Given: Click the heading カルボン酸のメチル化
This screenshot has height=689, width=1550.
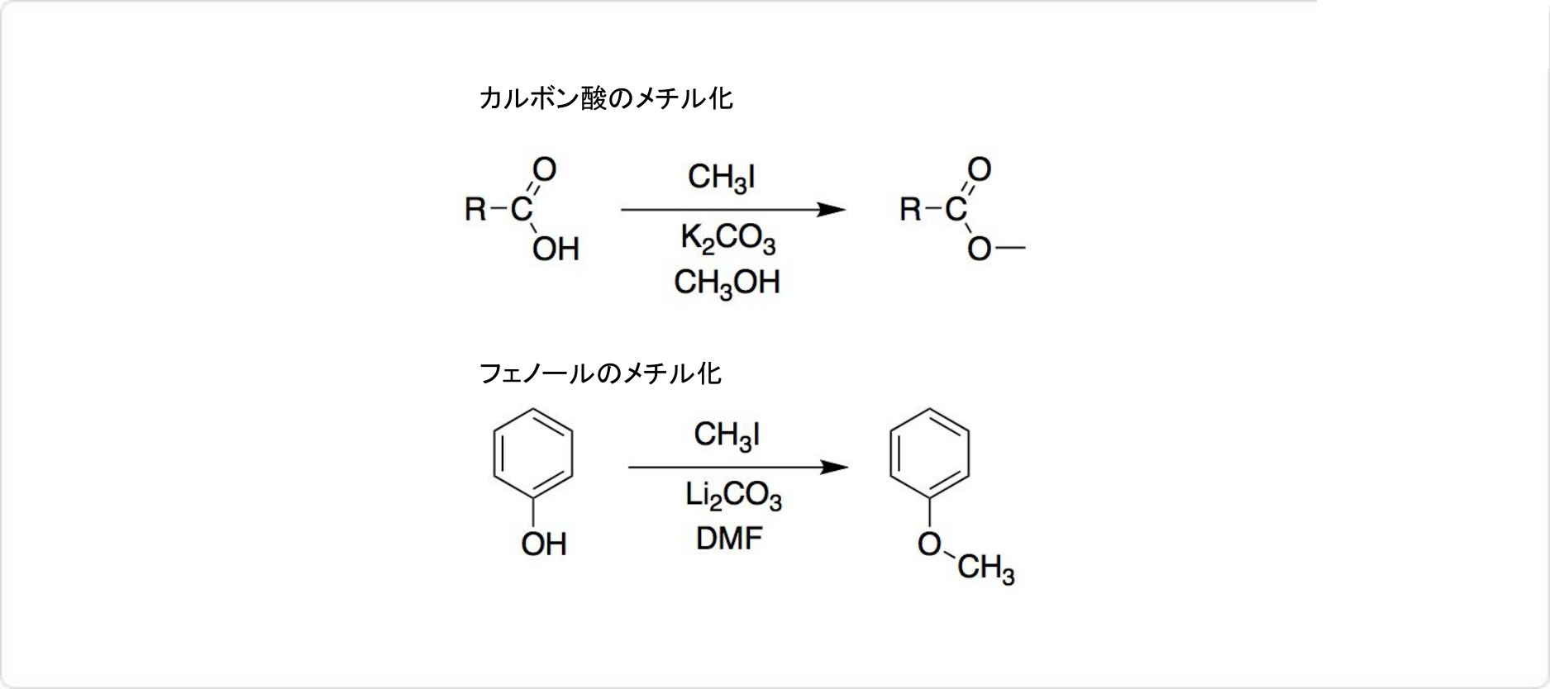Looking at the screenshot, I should (x=605, y=99).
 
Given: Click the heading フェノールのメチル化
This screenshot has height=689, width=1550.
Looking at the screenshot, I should (x=600, y=373).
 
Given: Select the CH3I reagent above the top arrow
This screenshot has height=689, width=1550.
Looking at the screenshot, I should (x=722, y=178).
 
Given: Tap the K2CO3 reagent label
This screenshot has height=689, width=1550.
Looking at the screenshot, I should (x=727, y=239).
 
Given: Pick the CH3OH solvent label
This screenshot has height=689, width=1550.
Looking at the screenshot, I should (x=727, y=283).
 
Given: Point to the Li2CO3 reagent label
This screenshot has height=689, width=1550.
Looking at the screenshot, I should (x=732, y=496).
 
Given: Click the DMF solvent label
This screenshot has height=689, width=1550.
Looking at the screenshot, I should (x=729, y=539).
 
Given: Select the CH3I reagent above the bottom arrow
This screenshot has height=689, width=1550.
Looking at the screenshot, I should (x=727, y=435).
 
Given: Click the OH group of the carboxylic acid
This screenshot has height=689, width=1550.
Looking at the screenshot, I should (x=556, y=249).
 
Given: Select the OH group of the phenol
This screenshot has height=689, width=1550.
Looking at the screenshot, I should (x=544, y=544).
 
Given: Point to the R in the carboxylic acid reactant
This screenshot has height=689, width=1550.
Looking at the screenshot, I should (x=476, y=210).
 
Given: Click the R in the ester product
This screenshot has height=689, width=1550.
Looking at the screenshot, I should (x=911, y=210).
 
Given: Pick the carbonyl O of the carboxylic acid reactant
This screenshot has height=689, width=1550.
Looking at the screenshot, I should (x=544, y=169).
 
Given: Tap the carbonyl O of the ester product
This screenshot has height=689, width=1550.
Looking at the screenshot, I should (x=979, y=169).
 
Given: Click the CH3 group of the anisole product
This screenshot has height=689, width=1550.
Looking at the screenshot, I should (x=985, y=569).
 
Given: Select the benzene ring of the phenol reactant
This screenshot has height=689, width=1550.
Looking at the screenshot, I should (x=533, y=454).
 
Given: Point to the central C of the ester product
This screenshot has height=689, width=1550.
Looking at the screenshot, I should (x=956, y=210).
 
